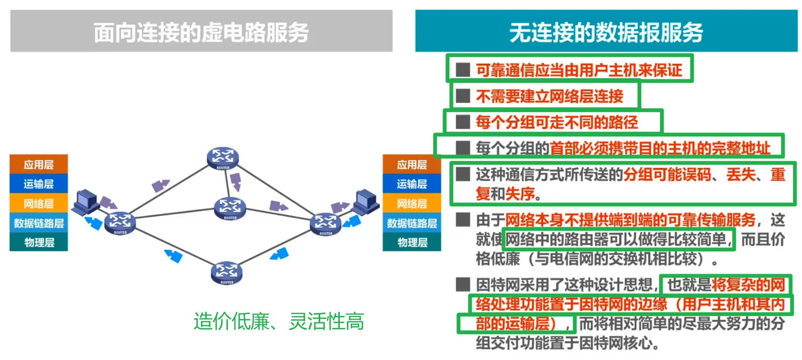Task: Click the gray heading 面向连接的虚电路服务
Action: coord(201,32)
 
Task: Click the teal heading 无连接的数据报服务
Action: coord(606,32)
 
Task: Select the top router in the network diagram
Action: coord(223,157)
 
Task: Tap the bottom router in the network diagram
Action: coord(226,272)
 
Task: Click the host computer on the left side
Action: coord(86,201)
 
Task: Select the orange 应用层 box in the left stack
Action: coord(39,165)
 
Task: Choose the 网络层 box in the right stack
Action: coord(412,204)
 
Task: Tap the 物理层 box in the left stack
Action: coord(39,243)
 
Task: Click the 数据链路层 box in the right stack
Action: coord(412,224)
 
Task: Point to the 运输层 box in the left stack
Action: coord(39,184)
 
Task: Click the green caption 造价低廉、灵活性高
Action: coord(278,321)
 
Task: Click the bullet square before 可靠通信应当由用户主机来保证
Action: coord(463,70)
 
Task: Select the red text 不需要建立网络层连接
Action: coord(549,96)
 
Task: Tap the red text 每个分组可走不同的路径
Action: coord(557,122)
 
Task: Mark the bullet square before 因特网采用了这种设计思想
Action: coord(463,284)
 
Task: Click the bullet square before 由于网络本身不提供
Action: coord(463,220)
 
